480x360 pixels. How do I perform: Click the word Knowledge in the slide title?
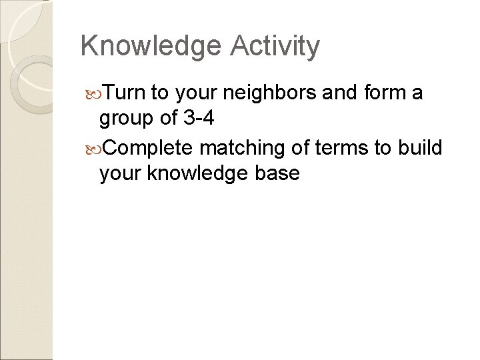[x=151, y=47]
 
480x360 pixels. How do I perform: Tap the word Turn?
[x=125, y=92]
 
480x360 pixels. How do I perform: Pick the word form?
[x=385, y=92]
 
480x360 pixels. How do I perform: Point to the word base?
[x=276, y=173]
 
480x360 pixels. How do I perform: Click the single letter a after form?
[x=418, y=93]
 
